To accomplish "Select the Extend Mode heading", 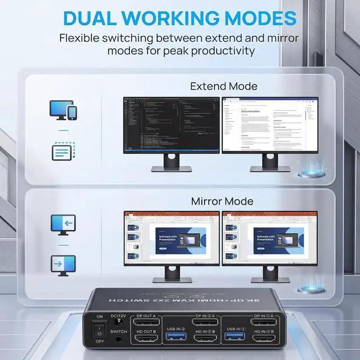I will click(x=223, y=87).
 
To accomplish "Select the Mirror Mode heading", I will click(x=222, y=201).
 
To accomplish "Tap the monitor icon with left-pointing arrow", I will click(x=62, y=223).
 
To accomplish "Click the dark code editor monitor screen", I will click(x=172, y=124).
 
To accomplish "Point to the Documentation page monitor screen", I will click(x=270, y=124).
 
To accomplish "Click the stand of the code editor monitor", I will click(x=172, y=163).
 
